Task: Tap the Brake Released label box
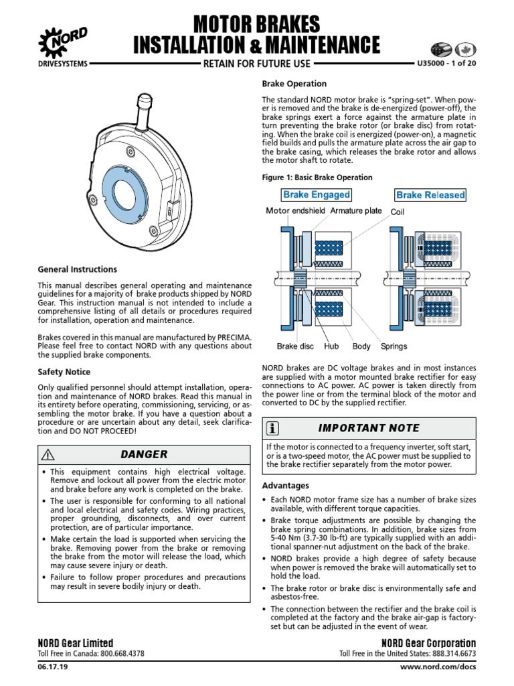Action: click(430, 195)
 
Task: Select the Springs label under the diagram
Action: click(394, 346)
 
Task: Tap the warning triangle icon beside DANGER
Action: click(47, 454)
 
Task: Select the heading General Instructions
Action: click(77, 269)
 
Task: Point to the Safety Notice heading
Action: click(64, 372)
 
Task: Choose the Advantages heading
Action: click(285, 485)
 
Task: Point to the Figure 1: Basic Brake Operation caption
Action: click(317, 178)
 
